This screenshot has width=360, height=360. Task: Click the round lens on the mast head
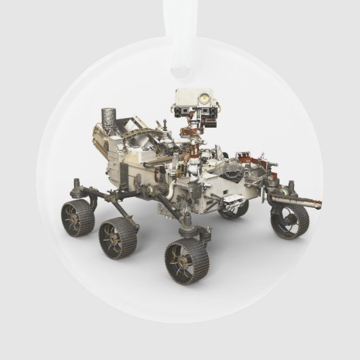pyautogui.click(x=202, y=98)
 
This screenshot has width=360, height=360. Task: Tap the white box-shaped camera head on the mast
pyautogui.click(x=194, y=102)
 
